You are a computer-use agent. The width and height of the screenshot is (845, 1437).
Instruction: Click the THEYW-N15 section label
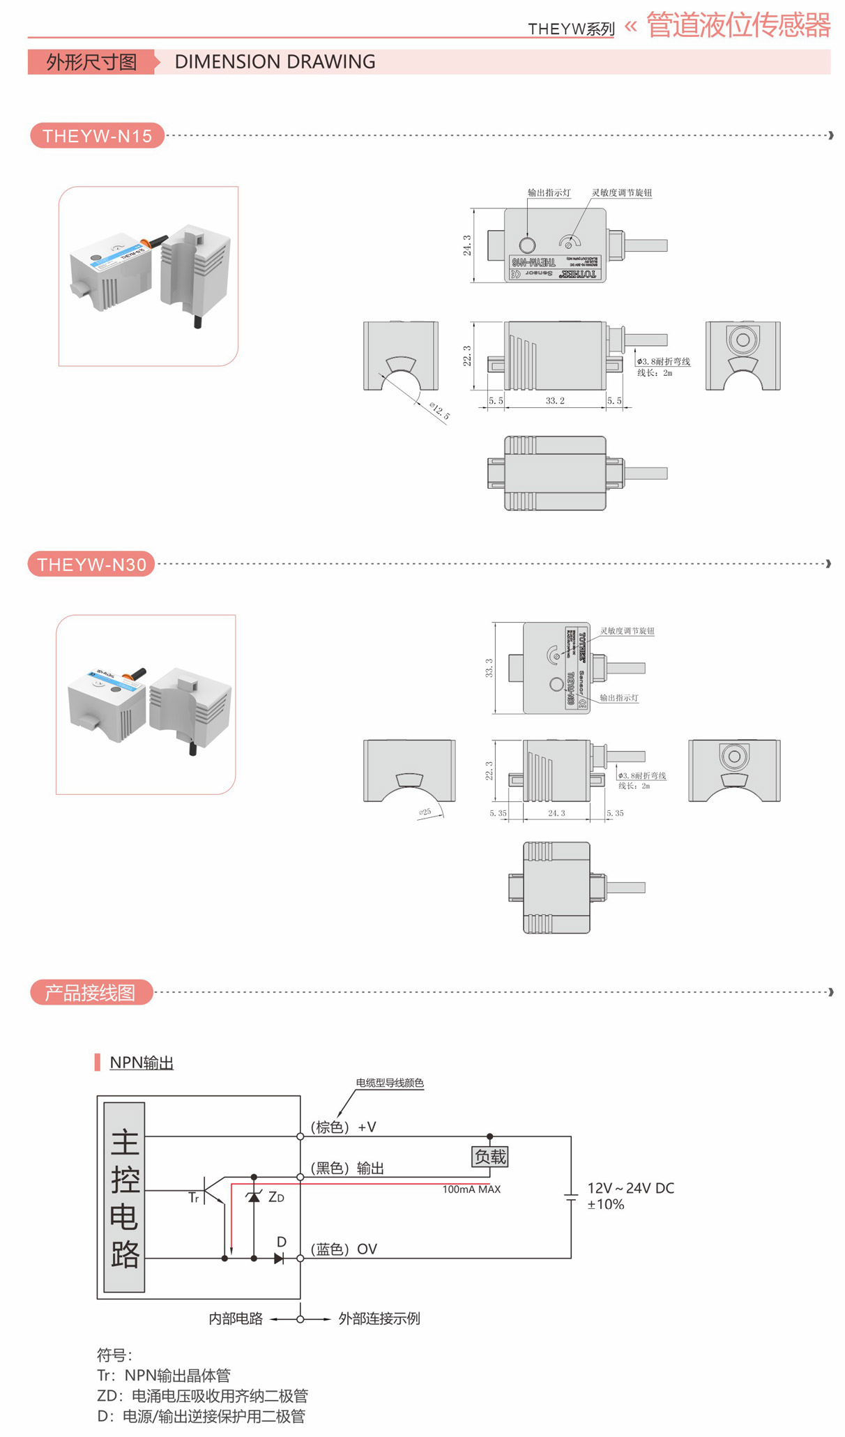tap(97, 135)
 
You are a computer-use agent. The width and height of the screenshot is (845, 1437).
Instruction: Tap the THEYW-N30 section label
tap(91, 564)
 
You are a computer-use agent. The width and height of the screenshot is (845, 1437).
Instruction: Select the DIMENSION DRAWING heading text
tap(275, 62)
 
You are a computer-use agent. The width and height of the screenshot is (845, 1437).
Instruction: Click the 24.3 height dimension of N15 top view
tap(467, 245)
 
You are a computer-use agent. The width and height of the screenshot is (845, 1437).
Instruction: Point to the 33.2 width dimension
tap(555, 401)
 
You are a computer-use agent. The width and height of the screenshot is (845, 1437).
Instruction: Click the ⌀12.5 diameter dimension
tap(440, 411)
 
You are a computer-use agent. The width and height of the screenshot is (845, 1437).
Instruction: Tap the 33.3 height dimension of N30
tap(489, 668)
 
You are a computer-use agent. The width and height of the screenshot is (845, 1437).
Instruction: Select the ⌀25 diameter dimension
tap(425, 812)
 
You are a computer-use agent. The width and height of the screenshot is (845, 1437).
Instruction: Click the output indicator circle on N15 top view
tap(527, 245)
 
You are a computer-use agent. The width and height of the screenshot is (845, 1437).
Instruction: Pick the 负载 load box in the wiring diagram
tap(490, 1157)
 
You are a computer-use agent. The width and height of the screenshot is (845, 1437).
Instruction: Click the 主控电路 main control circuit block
tap(125, 1197)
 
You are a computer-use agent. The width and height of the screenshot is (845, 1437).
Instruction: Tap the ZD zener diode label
tap(276, 1197)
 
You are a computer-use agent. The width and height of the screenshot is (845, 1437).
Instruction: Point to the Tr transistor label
tap(194, 1198)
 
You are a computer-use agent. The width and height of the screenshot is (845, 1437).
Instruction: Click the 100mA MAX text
tap(471, 1189)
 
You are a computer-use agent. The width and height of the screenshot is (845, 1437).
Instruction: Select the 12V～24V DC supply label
tap(630, 1188)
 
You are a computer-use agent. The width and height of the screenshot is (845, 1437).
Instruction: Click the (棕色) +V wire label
tap(343, 1127)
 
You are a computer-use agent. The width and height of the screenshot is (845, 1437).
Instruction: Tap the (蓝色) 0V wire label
tap(344, 1249)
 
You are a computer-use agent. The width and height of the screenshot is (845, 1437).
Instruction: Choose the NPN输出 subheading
tap(142, 1063)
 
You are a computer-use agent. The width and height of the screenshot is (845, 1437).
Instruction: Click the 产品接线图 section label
tap(91, 993)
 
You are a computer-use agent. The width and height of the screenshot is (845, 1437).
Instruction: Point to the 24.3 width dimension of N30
tap(556, 813)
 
